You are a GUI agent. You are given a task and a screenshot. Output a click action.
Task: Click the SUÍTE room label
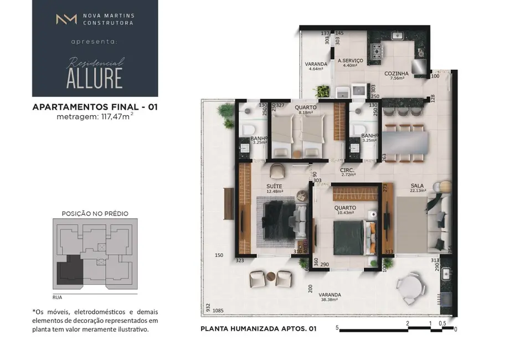pos(274,186)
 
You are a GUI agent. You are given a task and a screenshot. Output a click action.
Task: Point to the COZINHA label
pos(397,73)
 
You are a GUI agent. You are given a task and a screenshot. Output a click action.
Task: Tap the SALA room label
pos(418,186)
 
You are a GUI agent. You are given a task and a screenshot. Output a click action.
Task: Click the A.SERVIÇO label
pos(350,61)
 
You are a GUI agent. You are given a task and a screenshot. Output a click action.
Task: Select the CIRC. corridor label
pos(348,170)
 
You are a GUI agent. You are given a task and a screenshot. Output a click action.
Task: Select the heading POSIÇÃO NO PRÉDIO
pos(95,213)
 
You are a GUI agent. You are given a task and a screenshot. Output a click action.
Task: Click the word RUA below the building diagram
pos(58,297)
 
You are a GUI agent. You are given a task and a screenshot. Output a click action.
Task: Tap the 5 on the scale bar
pos(337,328)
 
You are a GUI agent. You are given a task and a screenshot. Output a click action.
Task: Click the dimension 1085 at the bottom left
pos(218,310)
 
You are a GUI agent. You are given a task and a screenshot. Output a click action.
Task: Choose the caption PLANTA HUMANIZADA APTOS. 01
pos(258,329)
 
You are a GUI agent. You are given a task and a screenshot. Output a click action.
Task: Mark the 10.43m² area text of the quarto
pos(346,213)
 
